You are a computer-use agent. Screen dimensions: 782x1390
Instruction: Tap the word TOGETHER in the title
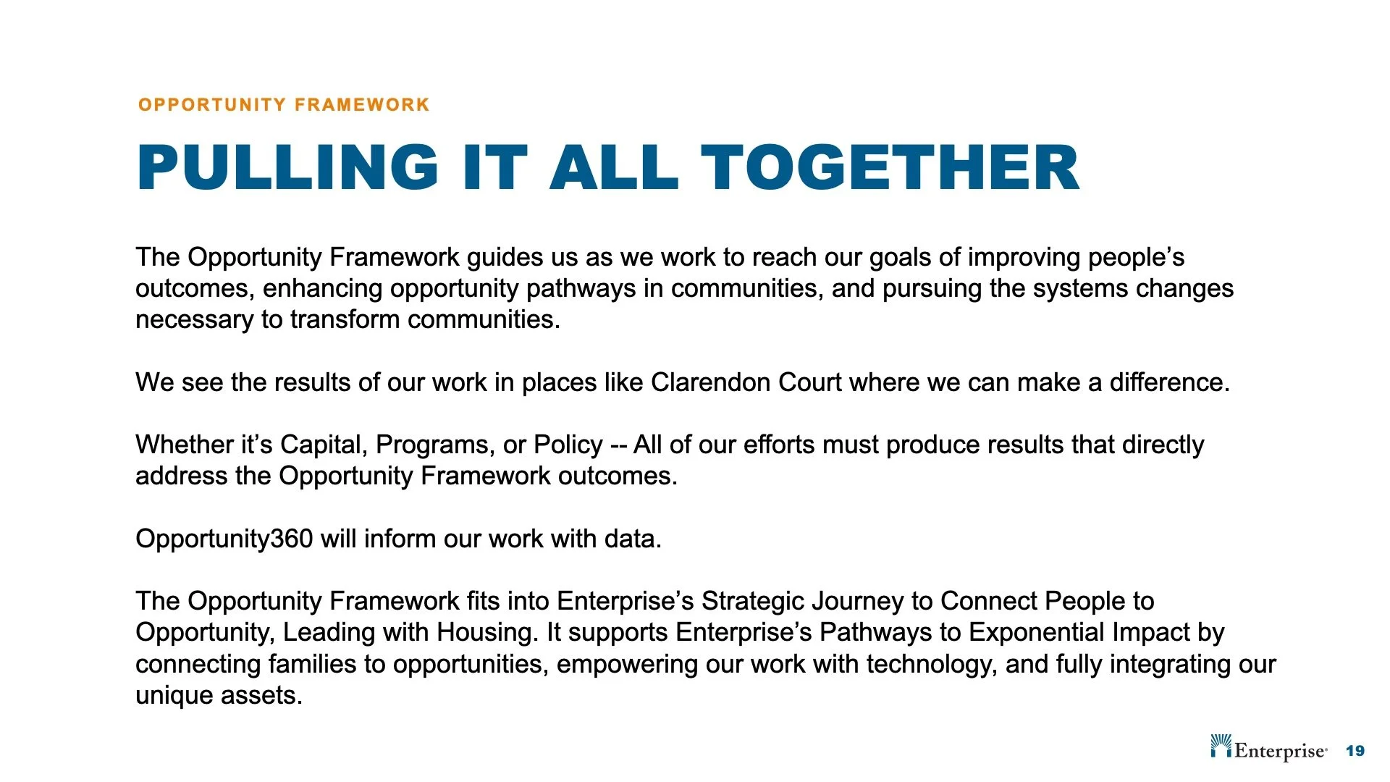890,167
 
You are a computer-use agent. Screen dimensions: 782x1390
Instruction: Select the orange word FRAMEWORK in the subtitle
362,105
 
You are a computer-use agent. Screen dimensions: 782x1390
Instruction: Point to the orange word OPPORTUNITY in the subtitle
212,105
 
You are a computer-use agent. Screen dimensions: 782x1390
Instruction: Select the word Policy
568,445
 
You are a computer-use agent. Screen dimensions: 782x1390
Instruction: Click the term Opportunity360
224,539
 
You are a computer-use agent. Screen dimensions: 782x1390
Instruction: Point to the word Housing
487,633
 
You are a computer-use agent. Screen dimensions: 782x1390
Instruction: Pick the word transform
345,319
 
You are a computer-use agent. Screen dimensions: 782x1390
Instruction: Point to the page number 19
1355,751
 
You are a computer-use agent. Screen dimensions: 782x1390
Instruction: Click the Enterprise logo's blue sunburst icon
1221,745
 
